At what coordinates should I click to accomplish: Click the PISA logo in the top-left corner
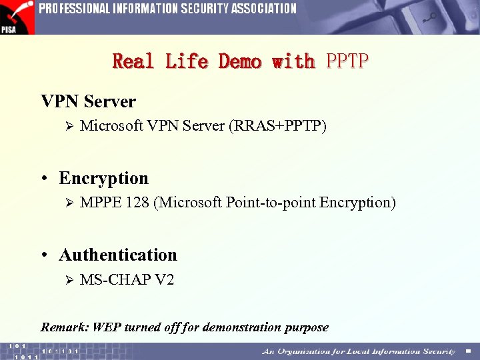click(x=17, y=17)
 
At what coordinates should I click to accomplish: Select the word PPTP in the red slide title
click(x=347, y=61)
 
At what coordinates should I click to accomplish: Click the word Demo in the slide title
click(x=240, y=61)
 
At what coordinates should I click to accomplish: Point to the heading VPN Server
click(x=88, y=102)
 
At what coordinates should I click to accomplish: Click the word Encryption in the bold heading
click(x=103, y=179)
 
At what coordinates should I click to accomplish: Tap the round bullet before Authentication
click(x=44, y=255)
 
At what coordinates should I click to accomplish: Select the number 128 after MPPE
click(x=137, y=203)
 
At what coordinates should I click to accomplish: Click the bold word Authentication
click(x=118, y=255)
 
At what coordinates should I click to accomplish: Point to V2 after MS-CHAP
click(x=165, y=280)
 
